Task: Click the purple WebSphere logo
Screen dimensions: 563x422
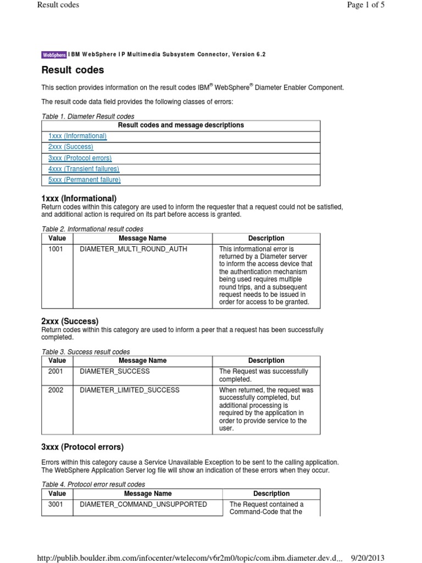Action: tap(54, 54)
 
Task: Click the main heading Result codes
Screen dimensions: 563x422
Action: tap(73, 70)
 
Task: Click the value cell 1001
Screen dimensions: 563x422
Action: tap(55, 249)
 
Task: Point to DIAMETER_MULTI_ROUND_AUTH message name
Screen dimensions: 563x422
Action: tap(134, 249)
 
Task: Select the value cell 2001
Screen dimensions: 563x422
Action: tap(55, 371)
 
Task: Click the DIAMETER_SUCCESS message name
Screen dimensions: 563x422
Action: tap(114, 371)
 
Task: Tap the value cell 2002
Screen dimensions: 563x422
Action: tap(55, 390)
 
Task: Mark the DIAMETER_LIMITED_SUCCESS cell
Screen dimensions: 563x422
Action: tap(130, 390)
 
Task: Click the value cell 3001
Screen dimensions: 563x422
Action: tap(55, 504)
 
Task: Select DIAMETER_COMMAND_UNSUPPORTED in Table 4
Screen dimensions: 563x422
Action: tap(143, 504)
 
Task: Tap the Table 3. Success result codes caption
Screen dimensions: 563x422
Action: tap(86, 352)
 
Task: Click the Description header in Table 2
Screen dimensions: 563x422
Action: tap(266, 239)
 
